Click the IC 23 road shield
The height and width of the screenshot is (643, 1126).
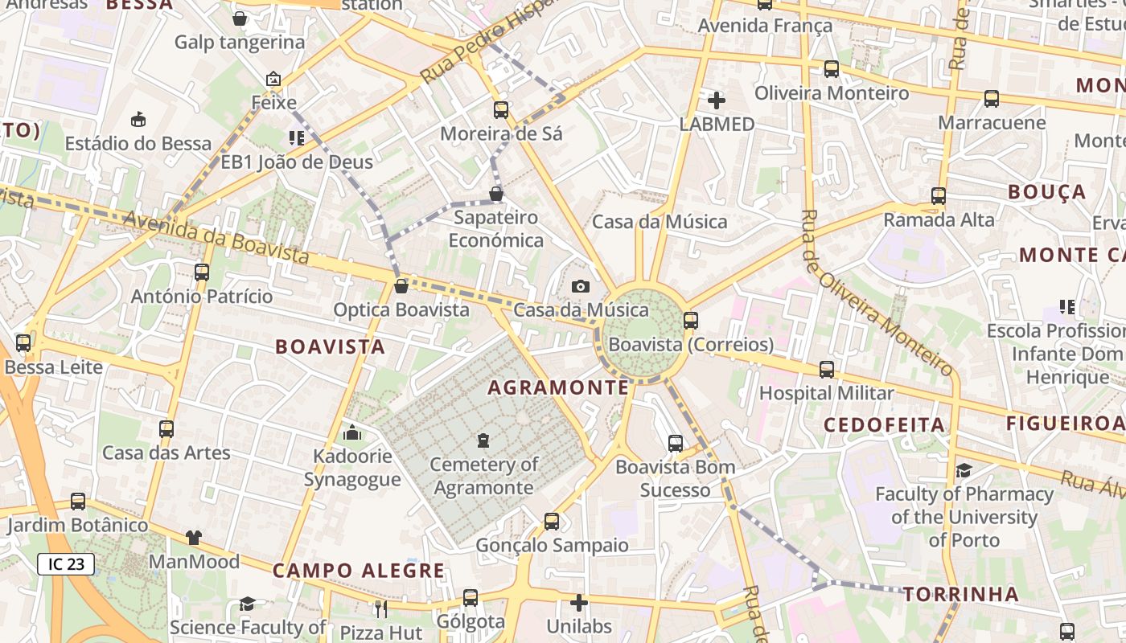tap(66, 564)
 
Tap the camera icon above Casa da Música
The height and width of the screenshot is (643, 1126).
tap(580, 286)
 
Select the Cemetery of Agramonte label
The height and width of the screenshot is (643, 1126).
tap(484, 476)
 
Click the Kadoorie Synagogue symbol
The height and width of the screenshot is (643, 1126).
tap(352, 433)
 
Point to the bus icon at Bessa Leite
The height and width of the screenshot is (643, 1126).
tap(23, 343)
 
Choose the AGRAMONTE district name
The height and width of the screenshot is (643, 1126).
tap(558, 387)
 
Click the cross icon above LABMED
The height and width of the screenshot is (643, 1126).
tap(716, 100)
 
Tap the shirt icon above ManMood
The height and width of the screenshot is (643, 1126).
tap(194, 538)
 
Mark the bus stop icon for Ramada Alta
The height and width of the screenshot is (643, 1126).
tap(938, 195)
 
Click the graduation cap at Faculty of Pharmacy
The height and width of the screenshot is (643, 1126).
tap(964, 470)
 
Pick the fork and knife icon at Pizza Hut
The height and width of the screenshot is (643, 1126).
tap(381, 608)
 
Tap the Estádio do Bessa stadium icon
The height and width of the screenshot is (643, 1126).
tap(138, 120)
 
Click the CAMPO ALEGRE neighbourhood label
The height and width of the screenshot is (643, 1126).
tap(359, 571)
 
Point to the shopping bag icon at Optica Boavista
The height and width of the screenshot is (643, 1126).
tap(401, 286)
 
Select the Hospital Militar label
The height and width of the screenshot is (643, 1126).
tap(827, 393)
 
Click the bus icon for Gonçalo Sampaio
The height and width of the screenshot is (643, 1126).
tap(552, 521)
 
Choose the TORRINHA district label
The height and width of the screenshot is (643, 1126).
tap(960, 595)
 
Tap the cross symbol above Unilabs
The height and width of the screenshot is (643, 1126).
tap(579, 602)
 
